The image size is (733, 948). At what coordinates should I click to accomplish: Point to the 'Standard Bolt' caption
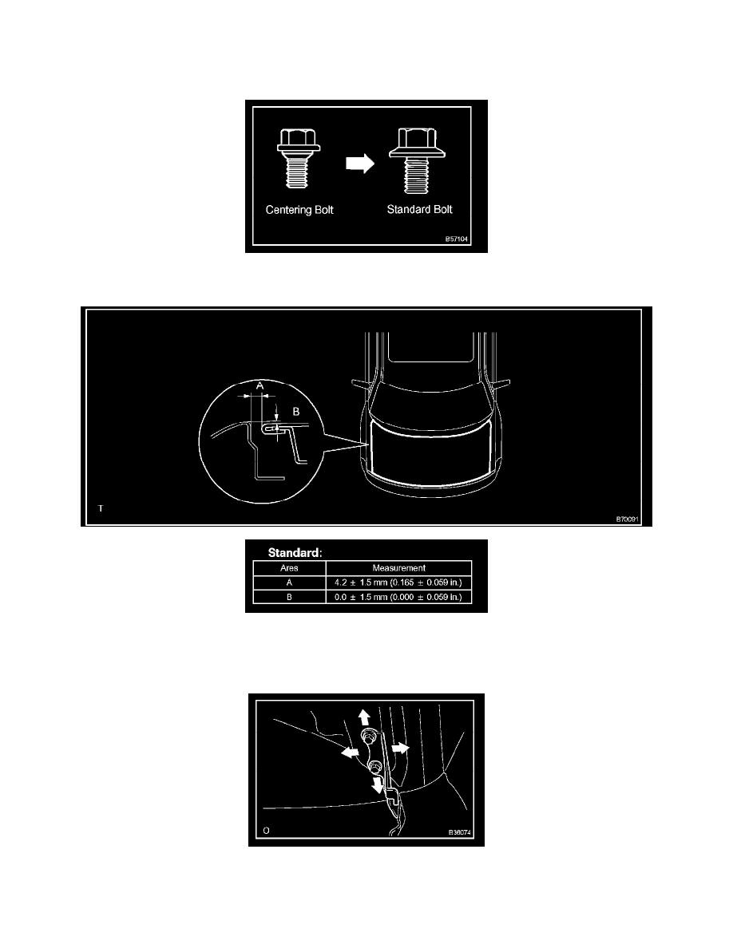(418, 211)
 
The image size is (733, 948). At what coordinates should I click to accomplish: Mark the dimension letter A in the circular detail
(258, 385)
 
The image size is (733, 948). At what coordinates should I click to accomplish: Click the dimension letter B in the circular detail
(296, 413)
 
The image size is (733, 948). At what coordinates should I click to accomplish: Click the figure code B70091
(627, 518)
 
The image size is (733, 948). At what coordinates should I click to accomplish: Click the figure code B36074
(461, 831)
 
